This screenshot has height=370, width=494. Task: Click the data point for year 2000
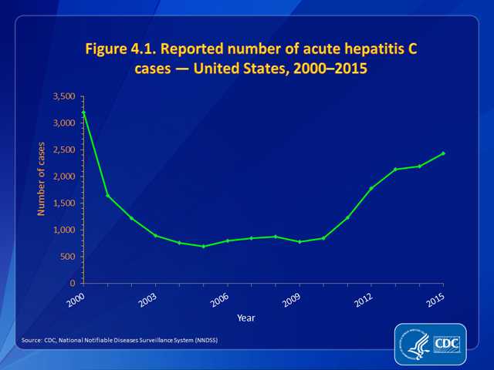pos(83,113)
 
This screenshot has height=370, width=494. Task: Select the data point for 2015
pos(443,153)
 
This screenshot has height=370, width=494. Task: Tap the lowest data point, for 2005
pos(203,247)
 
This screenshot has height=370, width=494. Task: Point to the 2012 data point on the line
pos(371,188)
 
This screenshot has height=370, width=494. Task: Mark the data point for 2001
pos(107,196)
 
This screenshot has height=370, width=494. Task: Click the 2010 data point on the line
pos(323,238)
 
